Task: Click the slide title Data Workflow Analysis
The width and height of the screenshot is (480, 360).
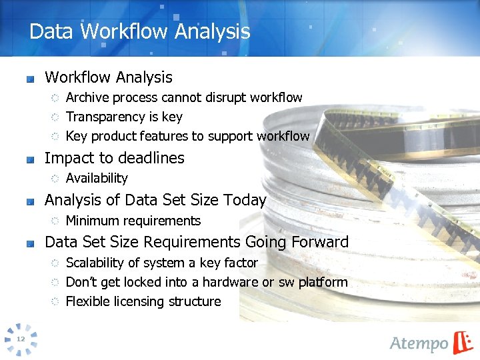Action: click(140, 31)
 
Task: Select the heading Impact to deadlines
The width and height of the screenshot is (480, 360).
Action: click(114, 158)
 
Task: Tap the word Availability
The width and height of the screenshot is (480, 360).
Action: click(97, 178)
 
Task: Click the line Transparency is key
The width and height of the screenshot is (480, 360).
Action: click(124, 117)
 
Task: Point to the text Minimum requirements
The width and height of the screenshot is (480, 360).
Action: click(133, 221)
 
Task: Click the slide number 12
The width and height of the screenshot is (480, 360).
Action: click(21, 339)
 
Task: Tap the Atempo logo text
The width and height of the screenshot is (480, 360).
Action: click(419, 343)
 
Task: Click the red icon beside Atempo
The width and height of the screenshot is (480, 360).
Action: click(463, 342)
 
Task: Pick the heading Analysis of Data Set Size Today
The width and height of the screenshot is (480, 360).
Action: click(155, 200)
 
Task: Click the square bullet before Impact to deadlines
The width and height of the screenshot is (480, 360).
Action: click(30, 159)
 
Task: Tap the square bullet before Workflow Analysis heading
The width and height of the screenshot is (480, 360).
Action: click(30, 79)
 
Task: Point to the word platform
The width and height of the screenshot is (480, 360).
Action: click(323, 282)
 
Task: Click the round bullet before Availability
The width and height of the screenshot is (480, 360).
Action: click(56, 179)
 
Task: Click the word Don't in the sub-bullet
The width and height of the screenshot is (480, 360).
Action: click(81, 282)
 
